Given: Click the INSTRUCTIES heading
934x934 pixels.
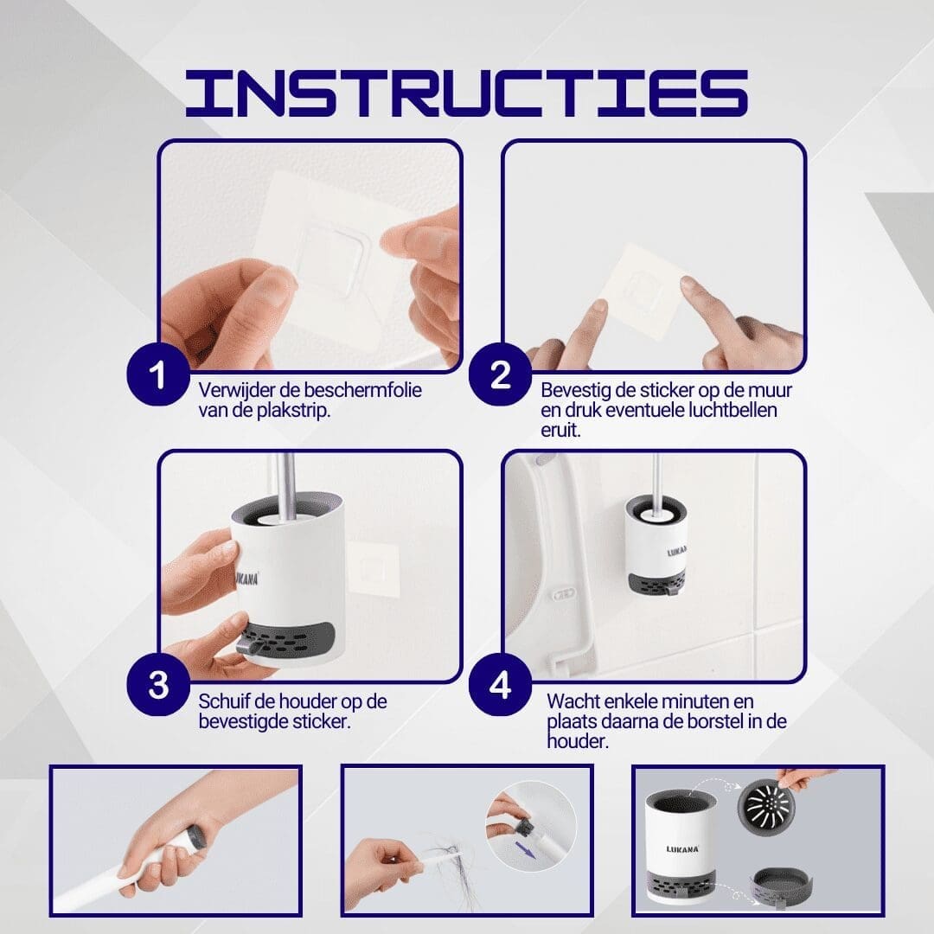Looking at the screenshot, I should click(x=467, y=93).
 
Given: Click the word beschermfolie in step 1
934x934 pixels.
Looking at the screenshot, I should click(x=369, y=390).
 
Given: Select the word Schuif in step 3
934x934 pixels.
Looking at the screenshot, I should click(x=225, y=700).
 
